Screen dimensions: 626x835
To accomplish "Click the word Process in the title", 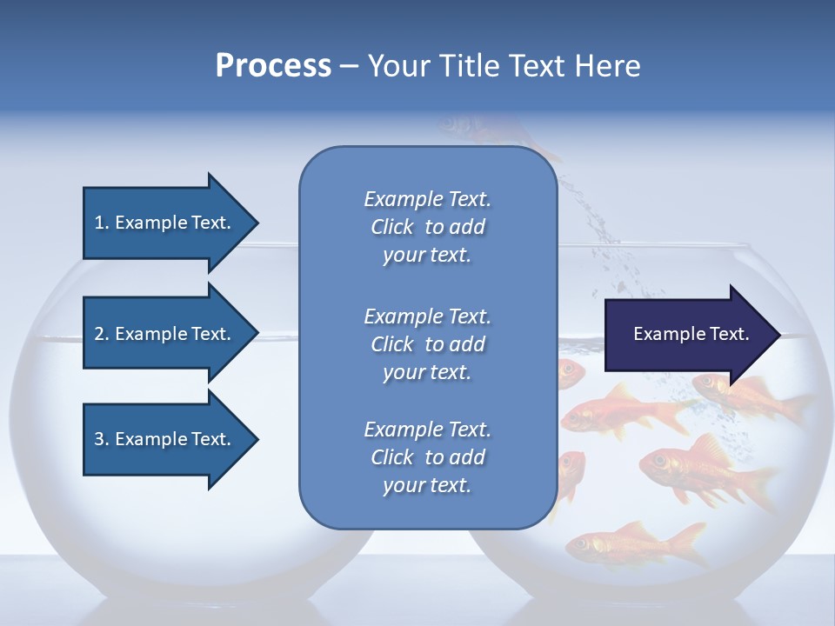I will [273, 66].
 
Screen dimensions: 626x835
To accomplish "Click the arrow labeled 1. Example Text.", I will [165, 223].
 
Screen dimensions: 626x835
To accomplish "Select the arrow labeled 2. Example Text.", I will [165, 334].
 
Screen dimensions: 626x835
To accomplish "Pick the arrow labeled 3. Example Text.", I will [165, 439].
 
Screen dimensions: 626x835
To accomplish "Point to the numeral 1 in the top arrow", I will [99, 223].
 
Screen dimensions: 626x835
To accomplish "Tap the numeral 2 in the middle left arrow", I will [99, 334].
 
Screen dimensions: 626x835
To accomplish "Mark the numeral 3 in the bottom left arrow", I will [99, 439].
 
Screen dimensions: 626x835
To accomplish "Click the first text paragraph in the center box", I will [427, 227].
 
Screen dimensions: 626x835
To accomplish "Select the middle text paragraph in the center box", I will [427, 343].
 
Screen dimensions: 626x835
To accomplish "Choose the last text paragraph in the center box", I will [427, 457].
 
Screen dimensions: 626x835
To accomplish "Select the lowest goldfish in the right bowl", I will [635, 546].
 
